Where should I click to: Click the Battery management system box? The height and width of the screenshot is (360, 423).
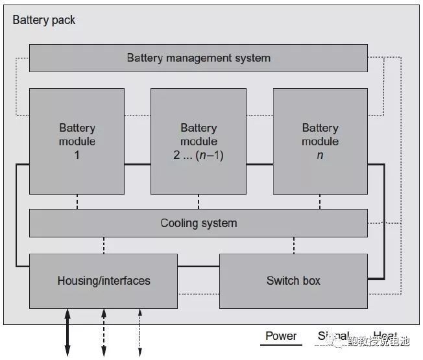click(x=198, y=58)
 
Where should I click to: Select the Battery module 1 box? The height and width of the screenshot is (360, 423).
click(x=77, y=141)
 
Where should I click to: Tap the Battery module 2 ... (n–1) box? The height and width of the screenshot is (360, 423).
click(x=198, y=141)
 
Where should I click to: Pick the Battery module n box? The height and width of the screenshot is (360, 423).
click(x=320, y=141)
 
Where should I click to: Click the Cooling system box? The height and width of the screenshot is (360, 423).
click(x=198, y=223)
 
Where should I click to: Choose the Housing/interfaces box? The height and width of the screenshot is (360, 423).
click(x=103, y=281)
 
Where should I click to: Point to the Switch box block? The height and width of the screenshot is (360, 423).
click(x=293, y=281)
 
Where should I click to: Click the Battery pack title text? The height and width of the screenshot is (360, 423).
click(x=44, y=20)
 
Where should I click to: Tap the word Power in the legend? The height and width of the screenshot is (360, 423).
click(x=281, y=336)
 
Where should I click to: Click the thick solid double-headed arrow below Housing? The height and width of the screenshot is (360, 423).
click(x=67, y=332)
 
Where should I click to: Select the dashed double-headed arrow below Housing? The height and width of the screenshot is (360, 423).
click(x=103, y=332)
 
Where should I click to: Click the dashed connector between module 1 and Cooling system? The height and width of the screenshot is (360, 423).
click(x=77, y=202)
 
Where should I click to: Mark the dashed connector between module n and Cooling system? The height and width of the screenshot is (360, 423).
click(x=320, y=202)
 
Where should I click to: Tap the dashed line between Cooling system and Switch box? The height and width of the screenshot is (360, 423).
click(x=294, y=245)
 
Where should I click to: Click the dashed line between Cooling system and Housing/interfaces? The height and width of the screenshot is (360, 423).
click(x=103, y=245)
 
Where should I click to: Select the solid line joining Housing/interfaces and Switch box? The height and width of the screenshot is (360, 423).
click(x=198, y=266)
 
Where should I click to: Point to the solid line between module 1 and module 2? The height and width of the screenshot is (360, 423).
click(x=137, y=165)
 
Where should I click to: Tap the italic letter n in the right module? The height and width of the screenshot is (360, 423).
click(x=320, y=156)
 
